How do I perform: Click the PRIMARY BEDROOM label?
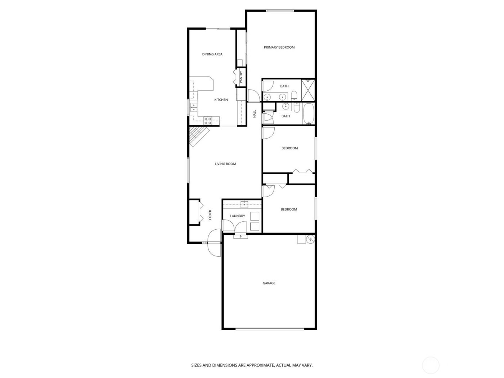click(279, 47)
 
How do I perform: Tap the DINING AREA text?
click(212, 54)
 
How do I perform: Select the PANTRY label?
click(241, 77)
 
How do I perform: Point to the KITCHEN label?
click(221, 100)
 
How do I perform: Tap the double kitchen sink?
click(194, 107)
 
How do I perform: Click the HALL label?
click(255, 114)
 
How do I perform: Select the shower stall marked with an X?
click(308, 90)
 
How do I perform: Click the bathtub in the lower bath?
click(309, 113)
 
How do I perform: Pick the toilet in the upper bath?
click(294, 96)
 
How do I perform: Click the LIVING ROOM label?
click(225, 164)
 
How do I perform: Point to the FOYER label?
click(210, 215)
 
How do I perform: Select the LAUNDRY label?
click(238, 216)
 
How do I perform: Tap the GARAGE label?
click(269, 283)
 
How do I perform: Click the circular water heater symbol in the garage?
click(310, 239)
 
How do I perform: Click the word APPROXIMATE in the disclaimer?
click(257, 365)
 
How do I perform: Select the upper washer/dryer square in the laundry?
click(255, 216)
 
